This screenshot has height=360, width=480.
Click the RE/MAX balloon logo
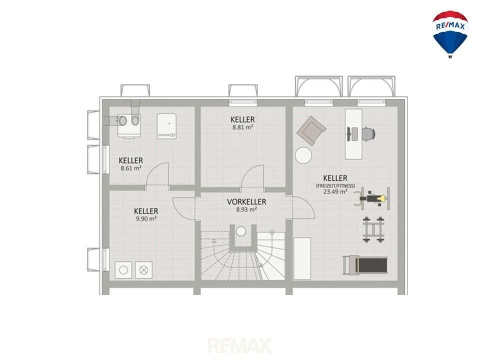point(450,34)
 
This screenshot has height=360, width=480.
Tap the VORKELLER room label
point(246,202)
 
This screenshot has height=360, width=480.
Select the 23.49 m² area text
point(335,192)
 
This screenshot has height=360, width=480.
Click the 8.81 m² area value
point(242,127)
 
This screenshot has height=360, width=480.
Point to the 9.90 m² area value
point(146,219)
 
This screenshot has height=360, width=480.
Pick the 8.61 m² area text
point(131,168)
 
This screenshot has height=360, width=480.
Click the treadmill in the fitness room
point(365,265)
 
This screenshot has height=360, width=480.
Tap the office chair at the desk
point(368,134)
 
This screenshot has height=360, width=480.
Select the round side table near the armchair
point(303,155)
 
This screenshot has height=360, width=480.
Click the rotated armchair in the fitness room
point(311,130)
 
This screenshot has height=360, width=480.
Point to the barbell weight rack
point(373,229)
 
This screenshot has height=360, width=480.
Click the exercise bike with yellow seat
point(372,198)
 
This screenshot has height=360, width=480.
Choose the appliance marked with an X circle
point(143,270)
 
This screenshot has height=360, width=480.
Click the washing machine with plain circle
point(123,270)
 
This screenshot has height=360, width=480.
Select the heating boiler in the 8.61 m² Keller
point(166,126)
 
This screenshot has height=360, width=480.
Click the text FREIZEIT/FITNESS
point(335,186)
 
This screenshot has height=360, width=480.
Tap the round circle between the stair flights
point(241,231)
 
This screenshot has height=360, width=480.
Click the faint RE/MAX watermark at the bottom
point(239,345)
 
